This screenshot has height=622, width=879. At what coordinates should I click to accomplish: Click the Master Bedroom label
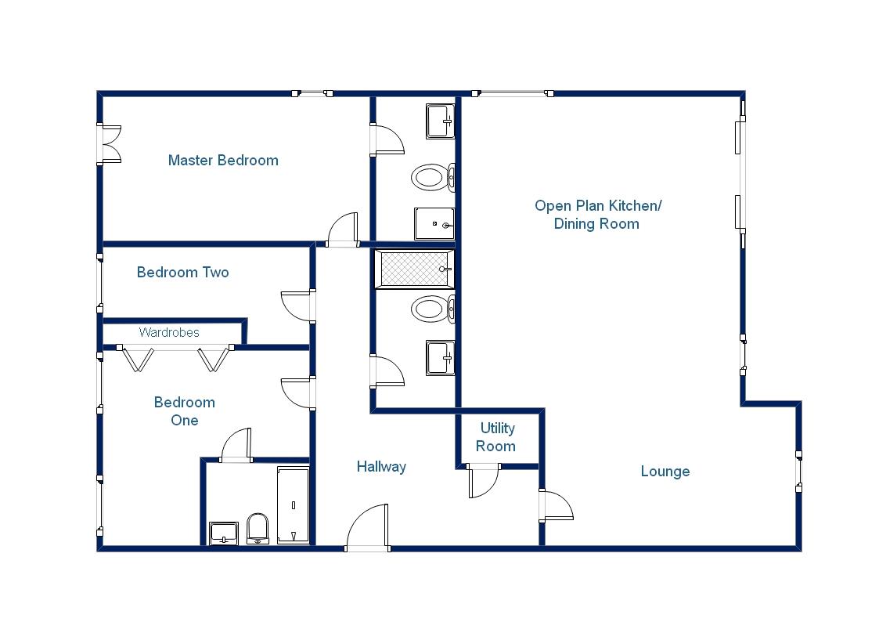(223, 161)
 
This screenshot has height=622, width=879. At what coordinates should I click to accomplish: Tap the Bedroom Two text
(182, 273)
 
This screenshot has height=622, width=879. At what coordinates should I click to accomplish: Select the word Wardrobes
(169, 333)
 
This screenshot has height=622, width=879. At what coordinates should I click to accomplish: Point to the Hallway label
(381, 467)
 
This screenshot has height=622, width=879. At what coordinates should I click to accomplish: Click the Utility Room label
(497, 437)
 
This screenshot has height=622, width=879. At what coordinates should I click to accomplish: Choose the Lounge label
(665, 472)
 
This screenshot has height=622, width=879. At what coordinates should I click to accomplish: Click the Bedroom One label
(184, 411)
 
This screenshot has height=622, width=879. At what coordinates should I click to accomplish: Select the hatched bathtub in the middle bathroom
(412, 269)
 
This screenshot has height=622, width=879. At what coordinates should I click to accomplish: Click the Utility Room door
(482, 480)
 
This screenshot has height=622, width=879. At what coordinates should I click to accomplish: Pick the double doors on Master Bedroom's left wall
(110, 145)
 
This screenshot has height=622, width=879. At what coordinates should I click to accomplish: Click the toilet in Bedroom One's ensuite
(258, 528)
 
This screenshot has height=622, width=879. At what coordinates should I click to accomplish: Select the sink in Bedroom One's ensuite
(224, 533)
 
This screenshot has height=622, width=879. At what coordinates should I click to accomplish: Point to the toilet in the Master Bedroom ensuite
(429, 177)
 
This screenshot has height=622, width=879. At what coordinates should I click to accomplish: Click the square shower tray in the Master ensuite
(434, 224)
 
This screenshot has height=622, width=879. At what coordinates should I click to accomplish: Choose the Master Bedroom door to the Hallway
(342, 230)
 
